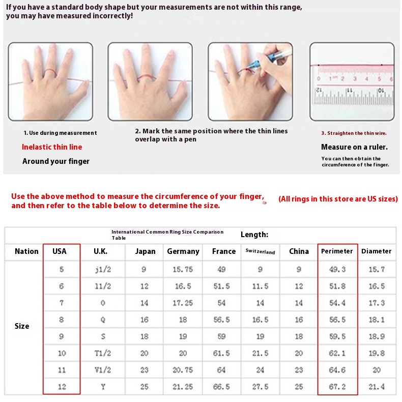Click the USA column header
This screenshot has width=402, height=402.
point(60,251)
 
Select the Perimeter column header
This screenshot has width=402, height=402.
point(337,251)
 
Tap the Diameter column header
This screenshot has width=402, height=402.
point(377,251)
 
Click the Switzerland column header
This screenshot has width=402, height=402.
point(260,252)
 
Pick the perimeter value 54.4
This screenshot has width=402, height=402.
point(337,303)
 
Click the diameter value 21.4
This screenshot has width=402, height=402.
point(377,387)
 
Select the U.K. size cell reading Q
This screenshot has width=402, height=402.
point(103,320)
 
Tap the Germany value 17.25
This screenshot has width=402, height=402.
point(183,303)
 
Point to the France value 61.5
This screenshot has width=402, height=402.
point(221,353)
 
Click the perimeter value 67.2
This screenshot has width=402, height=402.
point(337,387)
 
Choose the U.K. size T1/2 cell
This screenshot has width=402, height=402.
point(103,353)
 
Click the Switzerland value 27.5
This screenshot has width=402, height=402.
point(260,387)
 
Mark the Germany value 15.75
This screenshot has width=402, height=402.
point(183,269)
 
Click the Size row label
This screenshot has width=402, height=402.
point(22,326)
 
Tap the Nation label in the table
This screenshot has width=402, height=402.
point(26,251)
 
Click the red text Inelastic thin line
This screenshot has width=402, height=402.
point(52,147)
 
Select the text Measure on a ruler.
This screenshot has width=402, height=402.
point(354,147)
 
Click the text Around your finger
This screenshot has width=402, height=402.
point(56,161)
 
